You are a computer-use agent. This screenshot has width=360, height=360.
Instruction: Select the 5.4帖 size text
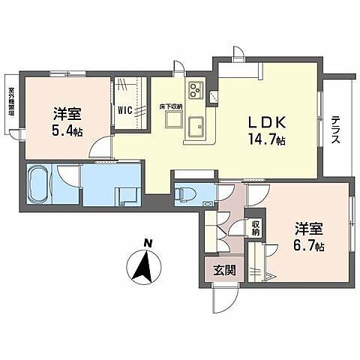(67, 129)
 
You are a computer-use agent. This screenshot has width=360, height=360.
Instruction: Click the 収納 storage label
(255, 226)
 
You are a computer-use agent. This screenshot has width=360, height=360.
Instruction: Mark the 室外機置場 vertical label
(11, 105)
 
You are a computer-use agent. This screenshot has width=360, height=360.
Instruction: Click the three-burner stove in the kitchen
(196, 91)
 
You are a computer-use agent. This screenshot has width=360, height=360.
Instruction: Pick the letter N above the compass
(148, 242)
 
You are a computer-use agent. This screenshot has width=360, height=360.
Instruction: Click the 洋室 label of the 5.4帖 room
(67, 114)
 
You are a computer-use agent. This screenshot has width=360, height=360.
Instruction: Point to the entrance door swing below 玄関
(223, 301)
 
